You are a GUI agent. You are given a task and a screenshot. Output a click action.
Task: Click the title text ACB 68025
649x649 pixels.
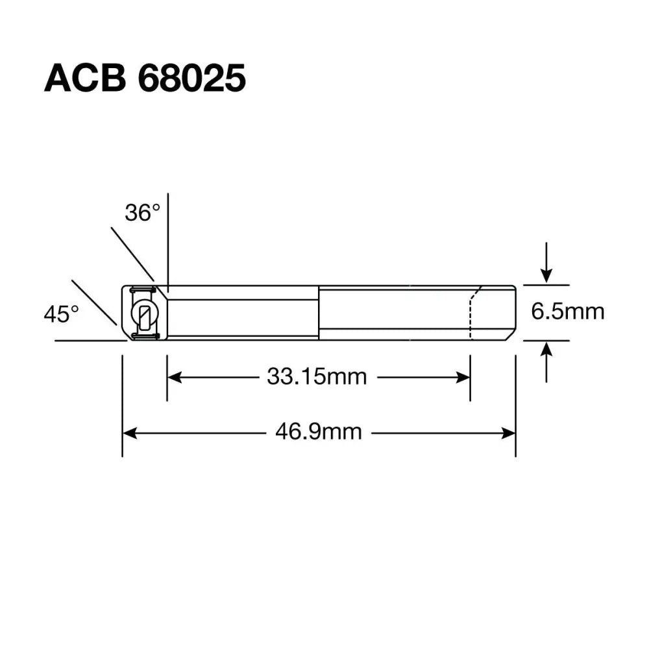point(145,79)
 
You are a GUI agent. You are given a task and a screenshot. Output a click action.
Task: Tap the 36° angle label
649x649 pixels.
point(142,212)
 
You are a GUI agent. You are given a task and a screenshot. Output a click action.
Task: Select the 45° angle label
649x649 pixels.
point(61,315)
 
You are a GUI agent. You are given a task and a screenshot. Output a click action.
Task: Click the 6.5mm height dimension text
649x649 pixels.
point(568,312)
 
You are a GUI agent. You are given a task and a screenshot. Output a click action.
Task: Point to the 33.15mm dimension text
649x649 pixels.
point(317,376)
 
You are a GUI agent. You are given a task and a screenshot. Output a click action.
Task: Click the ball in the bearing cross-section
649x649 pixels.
point(144,314)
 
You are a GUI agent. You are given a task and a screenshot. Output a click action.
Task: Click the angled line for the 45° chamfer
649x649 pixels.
point(94,302)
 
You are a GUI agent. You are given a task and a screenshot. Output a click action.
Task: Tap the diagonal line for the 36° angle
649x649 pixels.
point(133,254)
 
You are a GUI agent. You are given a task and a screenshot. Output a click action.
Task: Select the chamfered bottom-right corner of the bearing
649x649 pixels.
point(511,335)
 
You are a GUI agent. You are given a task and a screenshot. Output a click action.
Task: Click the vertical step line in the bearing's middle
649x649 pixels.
point(319,313)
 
